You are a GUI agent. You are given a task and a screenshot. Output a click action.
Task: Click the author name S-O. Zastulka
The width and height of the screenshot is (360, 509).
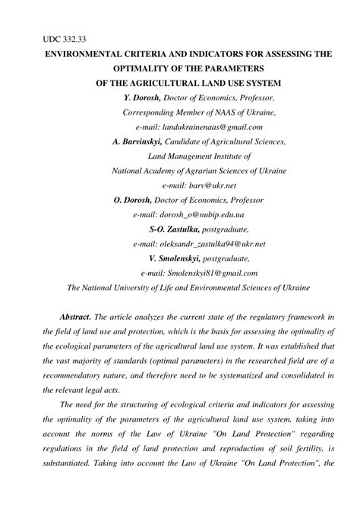174,229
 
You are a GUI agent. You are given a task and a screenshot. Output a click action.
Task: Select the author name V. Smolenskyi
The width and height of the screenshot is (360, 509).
178,258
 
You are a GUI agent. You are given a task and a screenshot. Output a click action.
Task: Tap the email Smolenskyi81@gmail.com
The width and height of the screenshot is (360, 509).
199,272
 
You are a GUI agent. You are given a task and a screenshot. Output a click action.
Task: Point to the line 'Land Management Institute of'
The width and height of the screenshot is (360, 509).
200,156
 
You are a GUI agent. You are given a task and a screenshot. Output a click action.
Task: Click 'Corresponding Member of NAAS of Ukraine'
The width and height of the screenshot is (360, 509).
199,112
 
